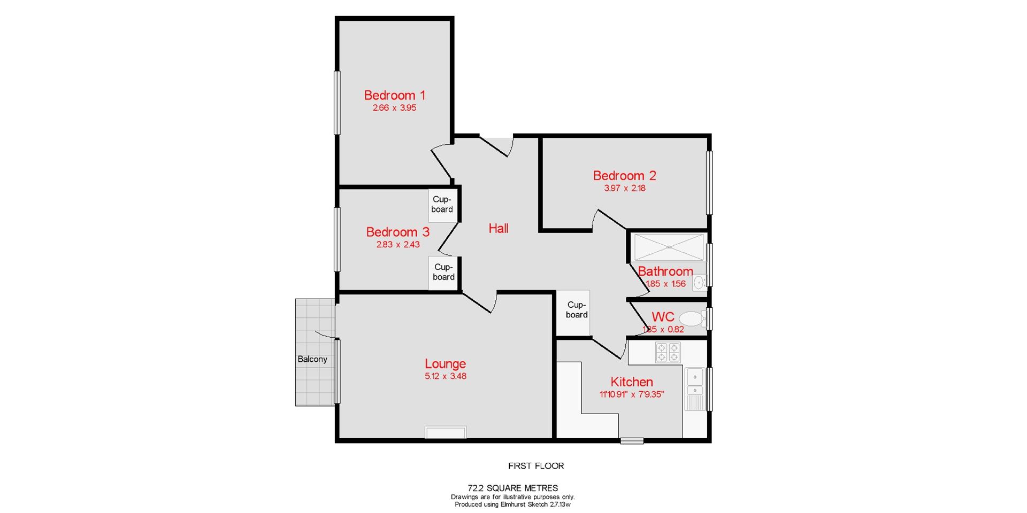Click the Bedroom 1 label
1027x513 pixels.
pos(394,95)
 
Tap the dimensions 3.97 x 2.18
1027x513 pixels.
pos(624,188)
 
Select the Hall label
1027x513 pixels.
pos(498,229)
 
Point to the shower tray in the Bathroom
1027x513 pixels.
pos(669,247)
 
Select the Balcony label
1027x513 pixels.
pos(312,359)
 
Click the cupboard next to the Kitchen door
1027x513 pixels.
pos(576,310)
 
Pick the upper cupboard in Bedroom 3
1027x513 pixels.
pos(442,205)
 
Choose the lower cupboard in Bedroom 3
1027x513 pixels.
pos(443,272)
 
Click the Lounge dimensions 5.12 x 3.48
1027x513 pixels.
pos(445,376)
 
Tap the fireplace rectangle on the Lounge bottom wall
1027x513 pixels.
pos(446,432)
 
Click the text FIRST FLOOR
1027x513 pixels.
pos(535,466)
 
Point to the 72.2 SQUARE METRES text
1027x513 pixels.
pos(512,488)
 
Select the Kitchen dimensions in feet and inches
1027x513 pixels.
pos(631,395)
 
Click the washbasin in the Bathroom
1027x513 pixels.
pos(699,282)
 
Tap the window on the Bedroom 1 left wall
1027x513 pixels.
pos(337,102)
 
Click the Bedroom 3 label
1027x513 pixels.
pos(397,232)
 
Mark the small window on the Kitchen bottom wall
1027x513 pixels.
pos(632,441)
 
